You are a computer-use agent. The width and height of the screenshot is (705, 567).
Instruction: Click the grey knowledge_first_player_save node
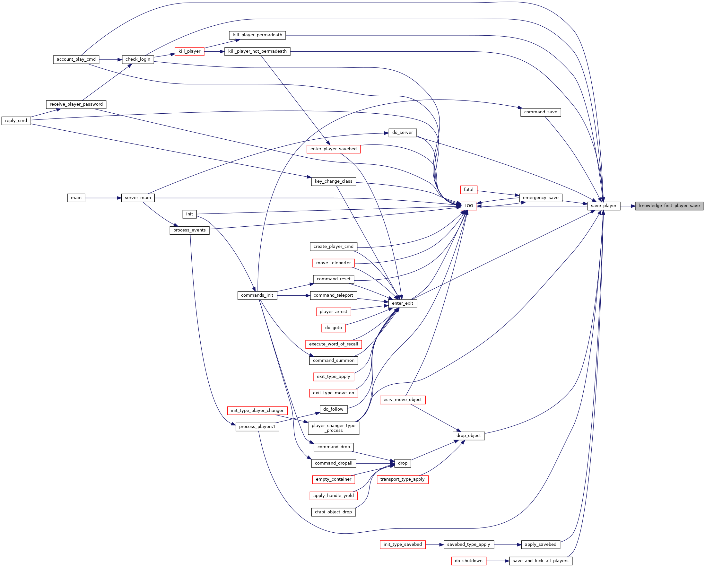click(x=669, y=206)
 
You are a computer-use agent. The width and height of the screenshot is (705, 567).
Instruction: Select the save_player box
click(x=604, y=206)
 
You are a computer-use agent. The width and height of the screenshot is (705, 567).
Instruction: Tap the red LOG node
click(x=469, y=206)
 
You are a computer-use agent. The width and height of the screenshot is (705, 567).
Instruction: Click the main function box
click(x=76, y=198)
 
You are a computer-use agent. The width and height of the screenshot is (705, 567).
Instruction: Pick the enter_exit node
click(x=403, y=303)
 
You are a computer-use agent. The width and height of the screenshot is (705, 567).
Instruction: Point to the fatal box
click(x=469, y=190)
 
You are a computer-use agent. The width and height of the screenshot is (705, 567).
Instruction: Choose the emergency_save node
click(x=541, y=198)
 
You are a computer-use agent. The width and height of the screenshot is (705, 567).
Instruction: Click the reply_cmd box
click(x=16, y=121)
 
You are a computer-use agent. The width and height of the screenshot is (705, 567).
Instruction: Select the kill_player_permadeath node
click(x=257, y=35)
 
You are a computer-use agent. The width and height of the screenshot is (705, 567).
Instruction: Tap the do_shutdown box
click(x=469, y=561)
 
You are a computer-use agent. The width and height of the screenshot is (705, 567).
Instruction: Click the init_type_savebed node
click(x=403, y=545)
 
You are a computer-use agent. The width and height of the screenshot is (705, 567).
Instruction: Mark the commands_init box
click(x=257, y=295)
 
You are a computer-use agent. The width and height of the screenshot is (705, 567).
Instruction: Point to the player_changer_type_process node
click(x=334, y=428)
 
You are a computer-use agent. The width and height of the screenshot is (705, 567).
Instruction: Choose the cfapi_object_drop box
click(x=334, y=512)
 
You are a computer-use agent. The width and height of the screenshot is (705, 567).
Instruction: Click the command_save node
click(x=541, y=112)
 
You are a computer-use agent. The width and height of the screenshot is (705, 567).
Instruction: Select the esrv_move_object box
click(x=403, y=400)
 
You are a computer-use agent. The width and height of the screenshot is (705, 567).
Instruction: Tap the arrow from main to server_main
click(x=103, y=198)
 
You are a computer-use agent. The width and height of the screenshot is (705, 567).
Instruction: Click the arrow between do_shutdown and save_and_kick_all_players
click(x=498, y=561)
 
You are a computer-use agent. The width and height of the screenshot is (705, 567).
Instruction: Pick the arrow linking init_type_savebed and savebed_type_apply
click(x=435, y=545)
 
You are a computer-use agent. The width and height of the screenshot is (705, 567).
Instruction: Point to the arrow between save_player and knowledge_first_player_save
click(x=628, y=206)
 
